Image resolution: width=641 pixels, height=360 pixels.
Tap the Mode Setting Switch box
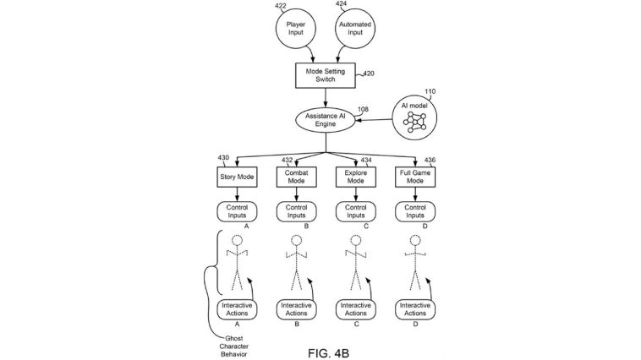pos(326,75)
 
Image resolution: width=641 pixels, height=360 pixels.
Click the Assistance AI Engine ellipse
pos(326,119)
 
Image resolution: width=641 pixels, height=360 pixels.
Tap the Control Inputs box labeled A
pos(237,210)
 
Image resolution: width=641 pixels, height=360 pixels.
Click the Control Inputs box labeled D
pos(414,210)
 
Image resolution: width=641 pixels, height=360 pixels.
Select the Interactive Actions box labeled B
pos(296,309)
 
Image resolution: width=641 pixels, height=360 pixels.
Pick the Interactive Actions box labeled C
pos(355,309)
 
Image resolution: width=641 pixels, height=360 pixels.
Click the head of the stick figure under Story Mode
pos(238,241)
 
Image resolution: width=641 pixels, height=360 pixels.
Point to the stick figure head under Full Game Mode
pos(414,241)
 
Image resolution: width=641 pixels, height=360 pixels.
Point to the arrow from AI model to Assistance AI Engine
pos(372,119)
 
